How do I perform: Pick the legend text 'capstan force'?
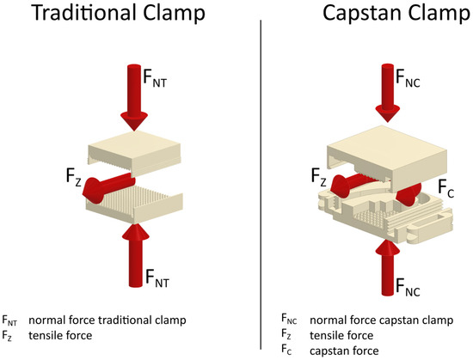(338, 348)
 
